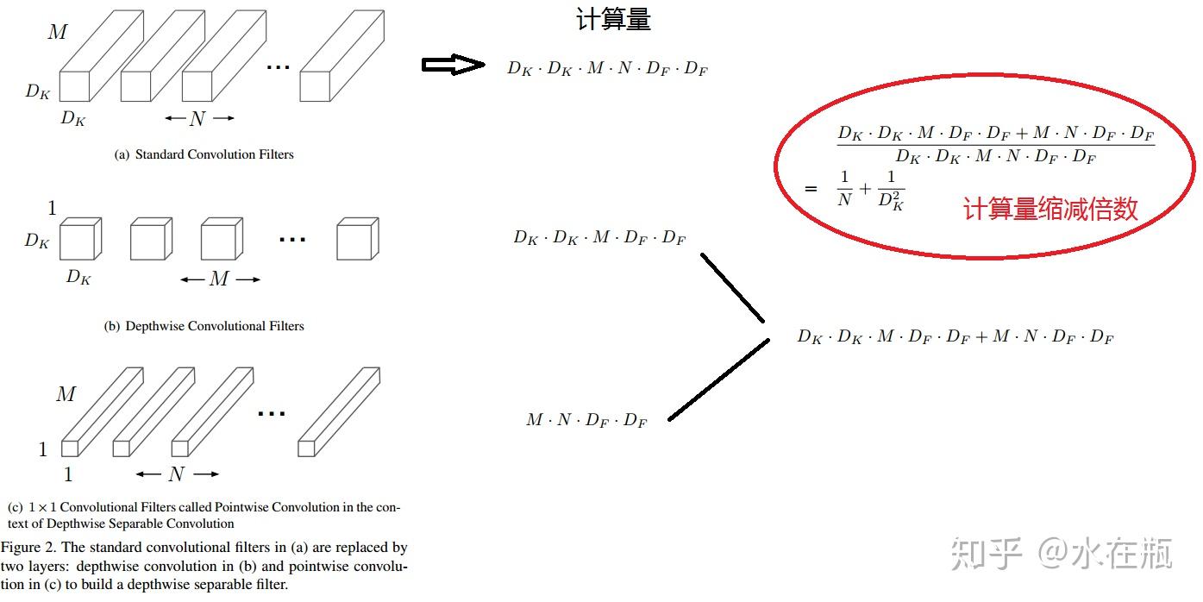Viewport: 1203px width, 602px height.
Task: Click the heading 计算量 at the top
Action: [613, 19]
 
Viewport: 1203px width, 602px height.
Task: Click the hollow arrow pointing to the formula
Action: [453, 65]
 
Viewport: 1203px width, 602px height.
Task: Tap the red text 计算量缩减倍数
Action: [1050, 209]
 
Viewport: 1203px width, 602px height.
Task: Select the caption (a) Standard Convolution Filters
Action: [204, 154]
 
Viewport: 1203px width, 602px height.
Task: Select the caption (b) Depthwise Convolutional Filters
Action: [204, 326]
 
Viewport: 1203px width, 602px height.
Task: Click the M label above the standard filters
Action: [57, 33]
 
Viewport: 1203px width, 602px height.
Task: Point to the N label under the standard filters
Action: [197, 119]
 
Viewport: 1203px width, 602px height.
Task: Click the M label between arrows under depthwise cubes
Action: [219, 279]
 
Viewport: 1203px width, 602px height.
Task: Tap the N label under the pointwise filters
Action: [177, 473]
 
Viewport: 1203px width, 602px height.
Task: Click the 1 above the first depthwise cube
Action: [52, 208]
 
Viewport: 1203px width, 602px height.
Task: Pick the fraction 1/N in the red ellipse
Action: [843, 188]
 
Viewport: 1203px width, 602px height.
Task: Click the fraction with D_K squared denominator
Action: [892, 191]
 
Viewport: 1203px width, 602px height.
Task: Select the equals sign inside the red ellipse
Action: [810, 188]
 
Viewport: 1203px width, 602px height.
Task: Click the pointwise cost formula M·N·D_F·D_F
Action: [586, 420]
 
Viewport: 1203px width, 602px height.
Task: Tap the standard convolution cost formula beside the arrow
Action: [607, 69]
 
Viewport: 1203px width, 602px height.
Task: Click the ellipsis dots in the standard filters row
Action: [278, 67]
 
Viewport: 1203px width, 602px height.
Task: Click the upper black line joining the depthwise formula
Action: [732, 286]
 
